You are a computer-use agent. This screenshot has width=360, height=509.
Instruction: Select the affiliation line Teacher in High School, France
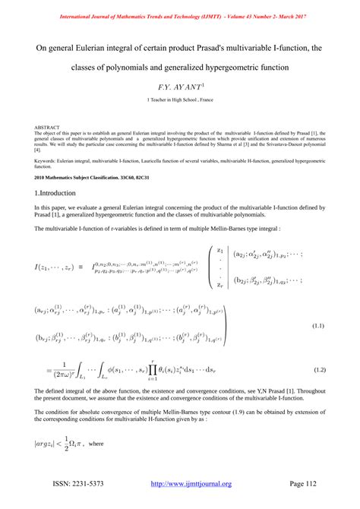[180, 101]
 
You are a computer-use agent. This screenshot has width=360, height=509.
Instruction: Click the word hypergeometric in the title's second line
[234, 68]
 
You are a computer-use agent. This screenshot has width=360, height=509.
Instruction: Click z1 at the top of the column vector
[220, 249]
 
